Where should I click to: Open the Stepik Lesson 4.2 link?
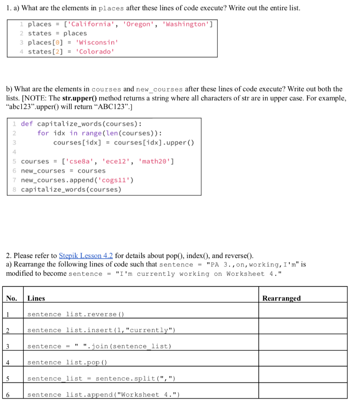pyautogui.click(x=86, y=256)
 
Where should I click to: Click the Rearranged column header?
pyautogui.click(x=281, y=298)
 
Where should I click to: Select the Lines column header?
pyautogui.click(x=36, y=298)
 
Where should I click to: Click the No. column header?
pyautogui.click(x=12, y=298)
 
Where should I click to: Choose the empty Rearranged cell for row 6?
pyautogui.click(x=302, y=395)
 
